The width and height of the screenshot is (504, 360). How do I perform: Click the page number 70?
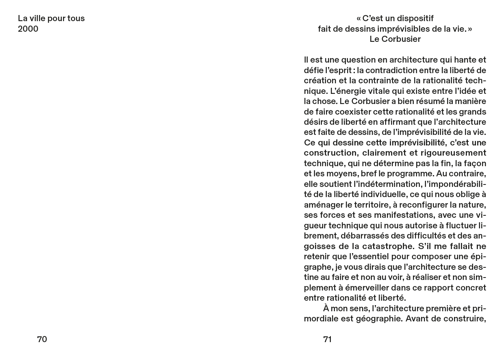[x=42, y=339]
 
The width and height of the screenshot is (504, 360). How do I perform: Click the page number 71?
[x=327, y=339]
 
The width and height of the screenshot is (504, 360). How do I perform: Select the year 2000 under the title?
[x=28, y=29]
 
